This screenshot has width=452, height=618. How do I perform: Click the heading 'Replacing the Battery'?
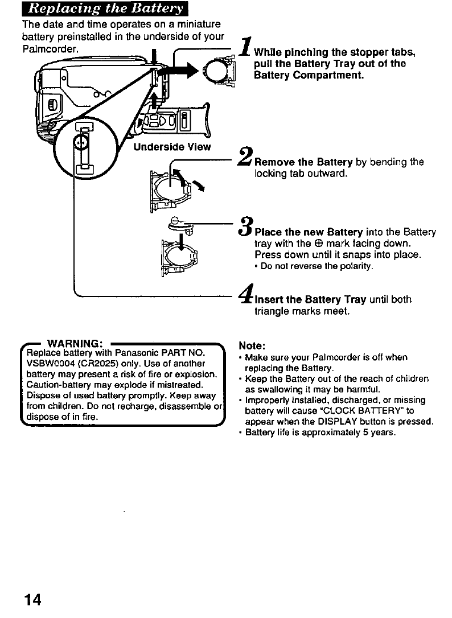point(105,10)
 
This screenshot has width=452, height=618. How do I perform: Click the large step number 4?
point(246,295)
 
